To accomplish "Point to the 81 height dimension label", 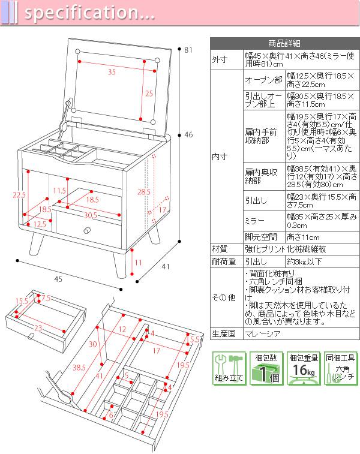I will click(188, 50).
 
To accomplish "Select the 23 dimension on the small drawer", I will click(38, 328).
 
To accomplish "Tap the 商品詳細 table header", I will click(284, 43).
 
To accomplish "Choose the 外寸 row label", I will click(220, 60).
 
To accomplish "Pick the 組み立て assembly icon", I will click(229, 368).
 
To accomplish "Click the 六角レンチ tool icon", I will click(340, 368).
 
